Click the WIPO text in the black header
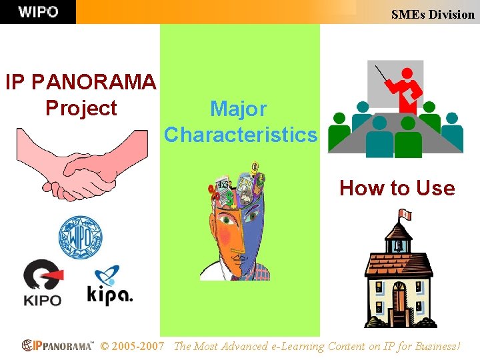pos(38,12)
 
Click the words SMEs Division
pos(433,14)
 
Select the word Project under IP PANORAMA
pos(81,108)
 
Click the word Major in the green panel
pos(239,109)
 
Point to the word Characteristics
pos(241,135)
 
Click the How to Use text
pos(397,188)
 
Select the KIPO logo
pos(43,283)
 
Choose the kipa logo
pos(109,287)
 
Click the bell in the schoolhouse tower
pos(399,244)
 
